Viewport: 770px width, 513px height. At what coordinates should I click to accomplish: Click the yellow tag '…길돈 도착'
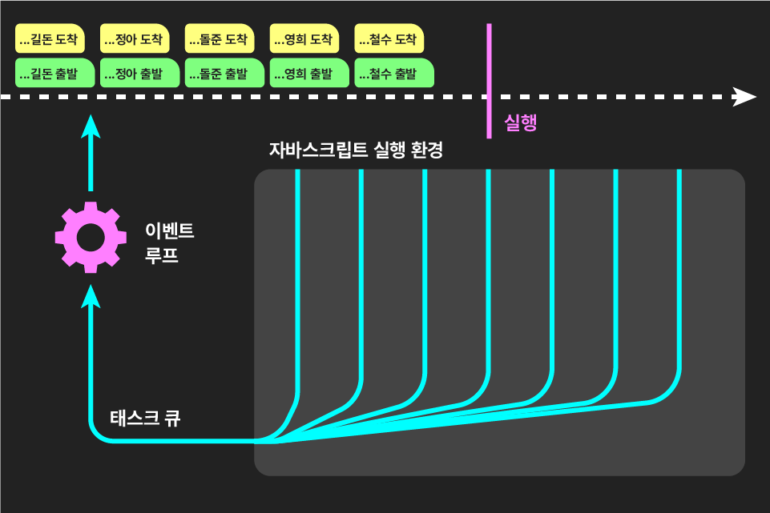pos(50,38)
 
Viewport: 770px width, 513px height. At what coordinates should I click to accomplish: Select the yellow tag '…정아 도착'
pos(135,38)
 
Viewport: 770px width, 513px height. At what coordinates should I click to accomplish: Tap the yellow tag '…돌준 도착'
pos(220,38)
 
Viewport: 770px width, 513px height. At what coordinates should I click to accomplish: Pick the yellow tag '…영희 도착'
pos(304,38)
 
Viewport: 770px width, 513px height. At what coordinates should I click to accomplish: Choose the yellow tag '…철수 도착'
pos(389,38)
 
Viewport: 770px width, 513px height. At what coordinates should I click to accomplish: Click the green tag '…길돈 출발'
pos(54,73)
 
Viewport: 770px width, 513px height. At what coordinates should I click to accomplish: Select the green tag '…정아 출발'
pos(139,73)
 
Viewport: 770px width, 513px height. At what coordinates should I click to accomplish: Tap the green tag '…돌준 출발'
pos(224,73)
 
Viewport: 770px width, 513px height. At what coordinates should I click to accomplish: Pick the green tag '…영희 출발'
pos(309,73)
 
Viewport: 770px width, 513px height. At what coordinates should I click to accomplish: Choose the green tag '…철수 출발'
pos(394,73)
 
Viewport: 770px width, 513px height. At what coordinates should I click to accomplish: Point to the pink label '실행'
pos(520,122)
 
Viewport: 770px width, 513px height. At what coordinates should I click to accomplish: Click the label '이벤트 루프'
pos(169,243)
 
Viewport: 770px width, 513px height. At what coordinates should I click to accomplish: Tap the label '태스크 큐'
pos(145,418)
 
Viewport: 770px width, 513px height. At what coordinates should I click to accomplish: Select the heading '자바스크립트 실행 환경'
pos(356,150)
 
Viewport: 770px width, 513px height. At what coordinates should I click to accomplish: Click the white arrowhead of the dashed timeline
pos(744,97)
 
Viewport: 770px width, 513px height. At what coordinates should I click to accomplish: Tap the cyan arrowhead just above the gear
pos(91,126)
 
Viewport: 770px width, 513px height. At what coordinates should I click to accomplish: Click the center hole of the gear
pos(91,237)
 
